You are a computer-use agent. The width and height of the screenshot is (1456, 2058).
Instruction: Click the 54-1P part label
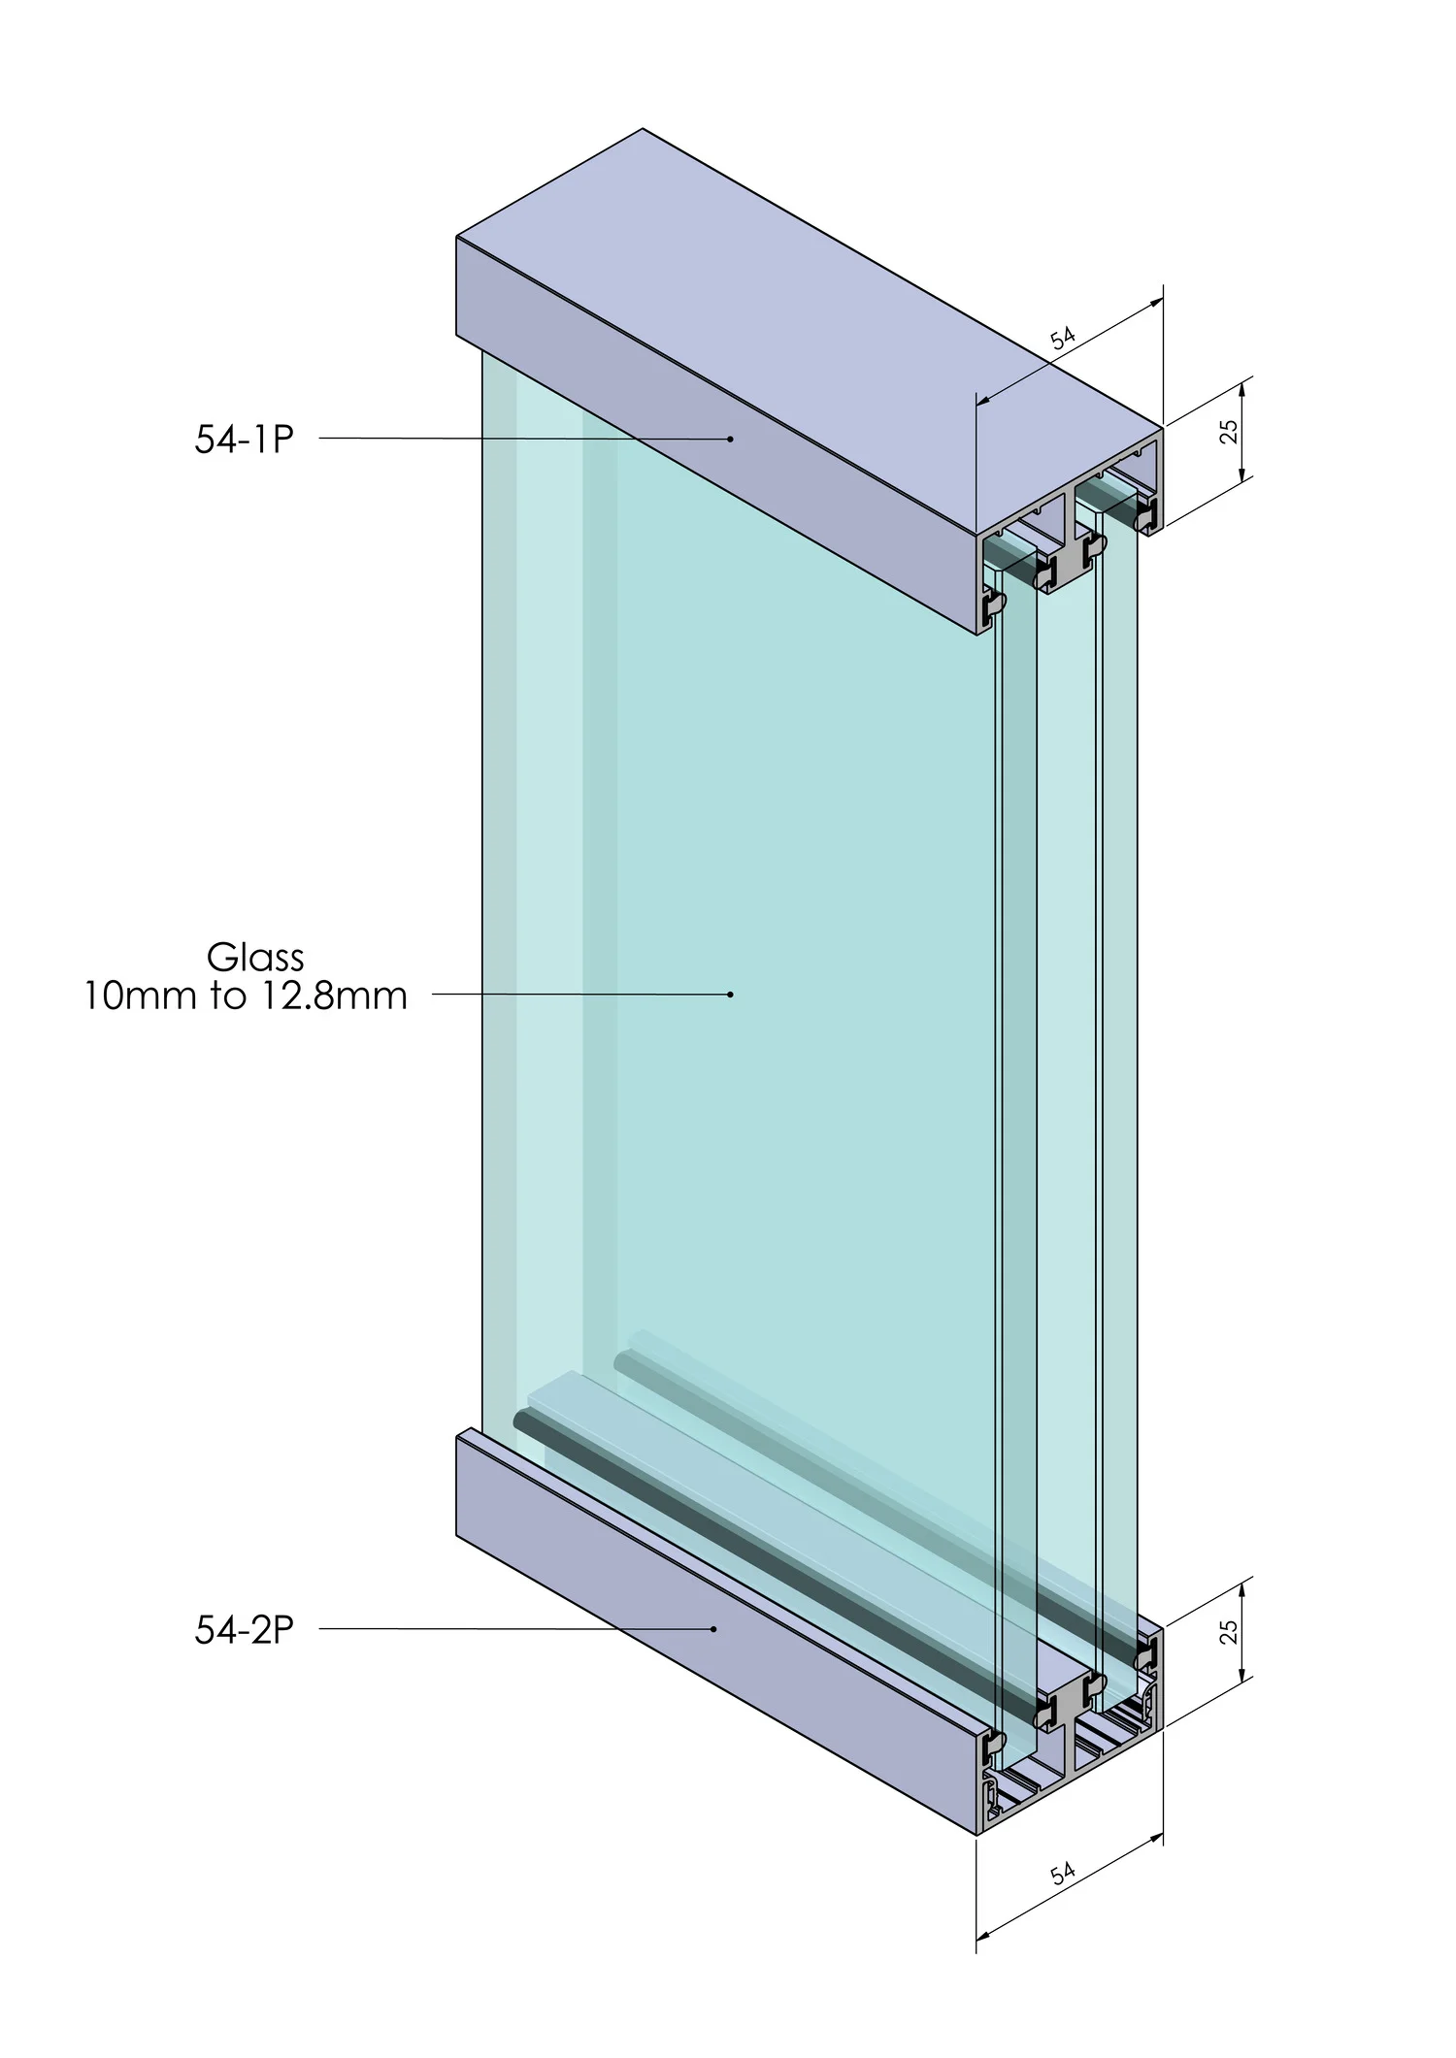(x=244, y=440)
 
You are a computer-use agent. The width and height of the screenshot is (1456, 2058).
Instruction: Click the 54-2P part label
(x=244, y=1629)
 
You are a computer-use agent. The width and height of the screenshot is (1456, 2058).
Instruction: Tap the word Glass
(x=255, y=958)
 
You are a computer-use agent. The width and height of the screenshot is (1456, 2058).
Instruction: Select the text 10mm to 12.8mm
(x=245, y=996)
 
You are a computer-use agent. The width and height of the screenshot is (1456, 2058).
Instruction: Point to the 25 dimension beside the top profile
(x=1229, y=431)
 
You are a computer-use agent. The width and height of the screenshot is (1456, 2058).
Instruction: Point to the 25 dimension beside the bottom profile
(x=1229, y=1632)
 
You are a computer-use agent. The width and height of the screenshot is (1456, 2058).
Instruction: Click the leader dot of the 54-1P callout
(x=731, y=439)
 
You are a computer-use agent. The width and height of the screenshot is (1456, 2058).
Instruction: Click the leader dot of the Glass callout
(x=731, y=995)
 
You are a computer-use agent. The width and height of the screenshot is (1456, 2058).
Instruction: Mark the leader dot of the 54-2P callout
(x=714, y=1629)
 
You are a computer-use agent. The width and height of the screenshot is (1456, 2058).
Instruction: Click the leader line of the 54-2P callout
(x=514, y=1629)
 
